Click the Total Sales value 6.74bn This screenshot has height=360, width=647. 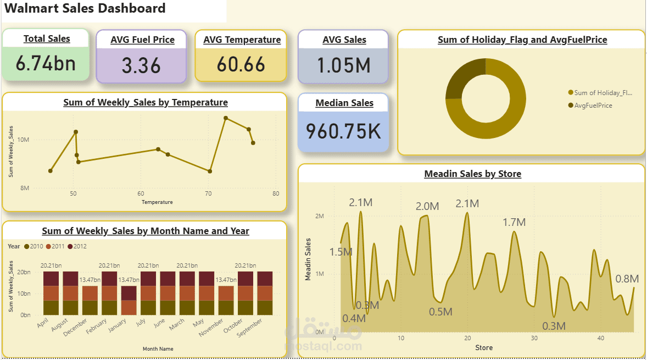pos(46,64)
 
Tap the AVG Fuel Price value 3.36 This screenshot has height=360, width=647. pos(141,66)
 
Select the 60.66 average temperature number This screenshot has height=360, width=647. pos(241,65)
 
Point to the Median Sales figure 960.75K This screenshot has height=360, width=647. pos(343,131)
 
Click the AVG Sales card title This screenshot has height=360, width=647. pos(344,40)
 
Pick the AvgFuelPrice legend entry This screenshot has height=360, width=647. pos(593,106)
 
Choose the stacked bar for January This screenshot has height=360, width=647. pos(129,300)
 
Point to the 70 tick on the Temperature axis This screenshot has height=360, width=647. pos(209,193)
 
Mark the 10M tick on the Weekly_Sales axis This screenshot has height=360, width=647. pos(24,140)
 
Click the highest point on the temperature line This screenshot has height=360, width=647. pos(226,118)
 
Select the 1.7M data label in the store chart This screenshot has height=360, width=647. pos(514,223)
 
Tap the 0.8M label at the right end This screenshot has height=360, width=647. pos(627,279)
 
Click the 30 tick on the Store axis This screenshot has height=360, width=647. pos(534,338)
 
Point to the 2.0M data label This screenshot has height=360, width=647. pos(427,207)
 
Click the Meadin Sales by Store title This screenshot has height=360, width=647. pos(472,174)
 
